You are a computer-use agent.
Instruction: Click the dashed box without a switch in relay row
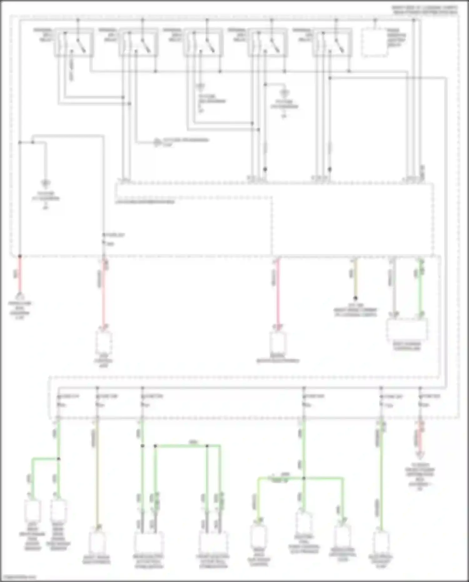(x=374, y=43)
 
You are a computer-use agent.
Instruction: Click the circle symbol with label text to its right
(x=157, y=142)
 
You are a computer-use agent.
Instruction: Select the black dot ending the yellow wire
(x=355, y=298)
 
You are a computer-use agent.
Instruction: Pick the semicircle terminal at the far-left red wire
(x=20, y=296)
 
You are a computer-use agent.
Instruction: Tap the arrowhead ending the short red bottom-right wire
(x=420, y=455)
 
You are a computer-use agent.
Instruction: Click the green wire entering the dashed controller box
(x=421, y=288)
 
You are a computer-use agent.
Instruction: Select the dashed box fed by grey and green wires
(x=406, y=330)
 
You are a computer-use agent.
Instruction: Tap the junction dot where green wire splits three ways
(x=304, y=478)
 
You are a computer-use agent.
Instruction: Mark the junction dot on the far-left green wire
(x=58, y=459)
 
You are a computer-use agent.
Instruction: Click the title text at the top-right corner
(x=425, y=10)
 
